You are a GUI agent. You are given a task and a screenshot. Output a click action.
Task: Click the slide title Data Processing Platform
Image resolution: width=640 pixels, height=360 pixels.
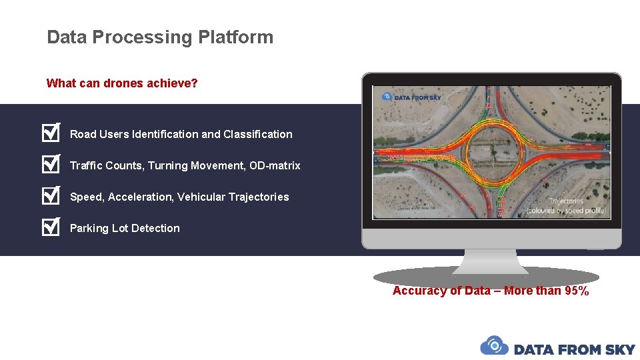pyautogui.click(x=160, y=37)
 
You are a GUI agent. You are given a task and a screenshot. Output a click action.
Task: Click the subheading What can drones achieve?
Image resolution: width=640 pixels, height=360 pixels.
pyautogui.click(x=122, y=83)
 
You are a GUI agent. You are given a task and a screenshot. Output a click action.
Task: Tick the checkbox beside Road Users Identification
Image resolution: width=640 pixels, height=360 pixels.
pyautogui.click(x=51, y=133)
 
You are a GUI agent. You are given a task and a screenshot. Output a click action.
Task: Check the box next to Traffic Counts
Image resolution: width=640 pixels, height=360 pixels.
pyautogui.click(x=51, y=165)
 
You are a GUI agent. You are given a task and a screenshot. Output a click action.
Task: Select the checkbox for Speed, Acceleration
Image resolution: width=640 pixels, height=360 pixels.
pyautogui.click(x=51, y=196)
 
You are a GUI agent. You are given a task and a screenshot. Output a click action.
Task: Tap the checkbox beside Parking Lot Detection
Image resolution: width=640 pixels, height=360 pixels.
pyautogui.click(x=51, y=227)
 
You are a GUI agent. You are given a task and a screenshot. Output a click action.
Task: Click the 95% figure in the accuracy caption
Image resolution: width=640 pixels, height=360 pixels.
pyautogui.click(x=576, y=291)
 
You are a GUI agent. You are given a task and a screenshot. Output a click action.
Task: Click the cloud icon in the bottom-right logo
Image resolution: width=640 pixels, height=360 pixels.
pyautogui.click(x=494, y=346)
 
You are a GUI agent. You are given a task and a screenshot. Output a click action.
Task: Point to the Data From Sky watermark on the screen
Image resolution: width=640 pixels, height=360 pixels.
pyautogui.click(x=411, y=97)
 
